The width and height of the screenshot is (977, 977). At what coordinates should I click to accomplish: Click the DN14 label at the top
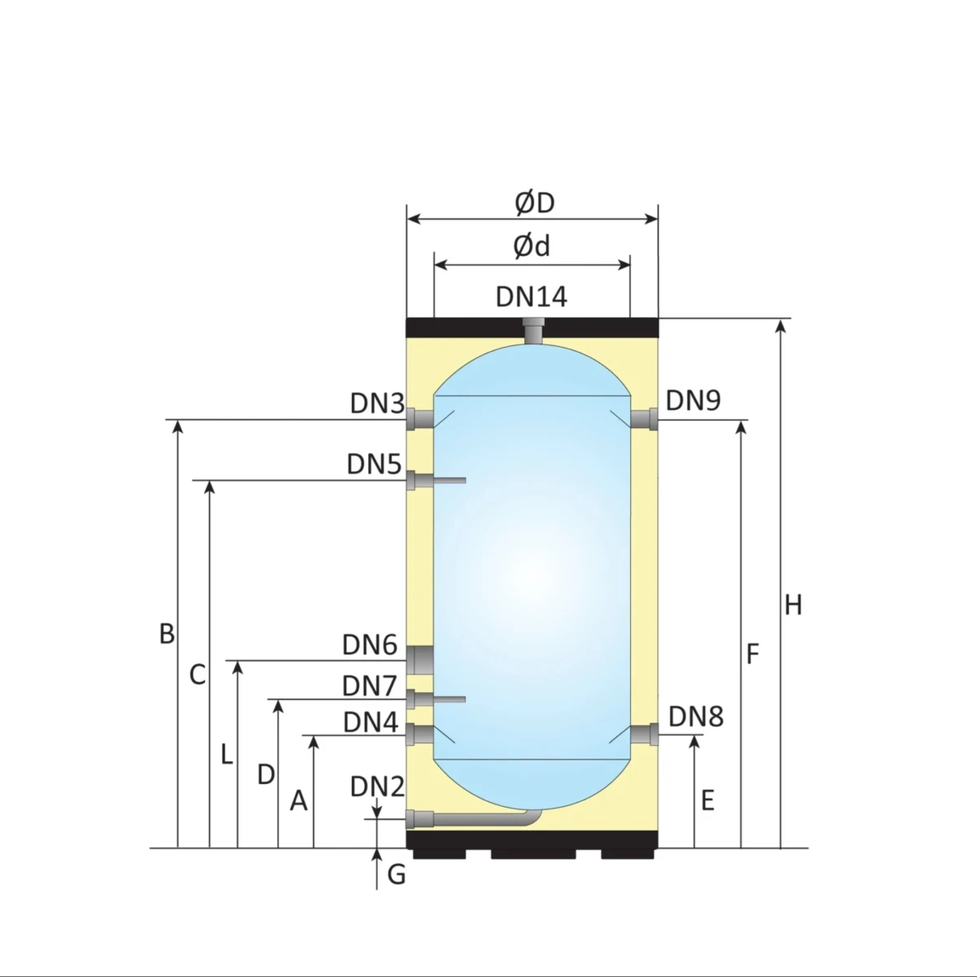tap(531, 296)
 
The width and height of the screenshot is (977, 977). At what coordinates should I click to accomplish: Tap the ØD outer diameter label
tap(534, 203)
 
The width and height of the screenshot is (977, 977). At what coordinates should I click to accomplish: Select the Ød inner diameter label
tap(532, 247)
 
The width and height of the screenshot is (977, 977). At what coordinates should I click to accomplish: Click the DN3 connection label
tap(377, 404)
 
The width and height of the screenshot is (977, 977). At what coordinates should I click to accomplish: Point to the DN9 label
tap(693, 401)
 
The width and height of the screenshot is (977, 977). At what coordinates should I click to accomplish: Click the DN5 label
tap(375, 464)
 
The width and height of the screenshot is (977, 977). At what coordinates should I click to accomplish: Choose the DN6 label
tap(370, 645)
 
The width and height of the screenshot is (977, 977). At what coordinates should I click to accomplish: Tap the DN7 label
tap(370, 686)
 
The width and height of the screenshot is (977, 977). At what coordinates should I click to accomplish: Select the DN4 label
tap(370, 722)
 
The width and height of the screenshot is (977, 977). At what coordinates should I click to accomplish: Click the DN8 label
tap(695, 717)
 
